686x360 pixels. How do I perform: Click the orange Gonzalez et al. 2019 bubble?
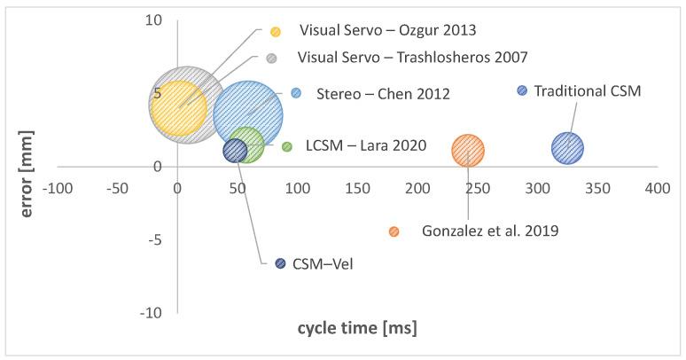(468, 151)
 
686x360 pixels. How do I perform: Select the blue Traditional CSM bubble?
(568, 148)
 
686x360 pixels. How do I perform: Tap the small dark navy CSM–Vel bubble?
(235, 151)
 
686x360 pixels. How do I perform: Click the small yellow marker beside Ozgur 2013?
(276, 31)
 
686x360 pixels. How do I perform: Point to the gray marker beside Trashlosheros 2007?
(272, 59)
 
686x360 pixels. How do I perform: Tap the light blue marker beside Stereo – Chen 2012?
(296, 93)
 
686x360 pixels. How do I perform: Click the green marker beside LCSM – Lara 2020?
(286, 146)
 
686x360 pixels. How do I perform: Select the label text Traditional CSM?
(587, 90)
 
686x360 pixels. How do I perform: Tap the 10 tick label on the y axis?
(154, 20)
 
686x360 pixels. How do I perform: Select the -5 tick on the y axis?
(155, 239)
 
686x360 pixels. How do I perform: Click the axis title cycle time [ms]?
(356, 328)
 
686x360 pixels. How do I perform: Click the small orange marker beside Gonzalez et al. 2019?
(394, 231)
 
